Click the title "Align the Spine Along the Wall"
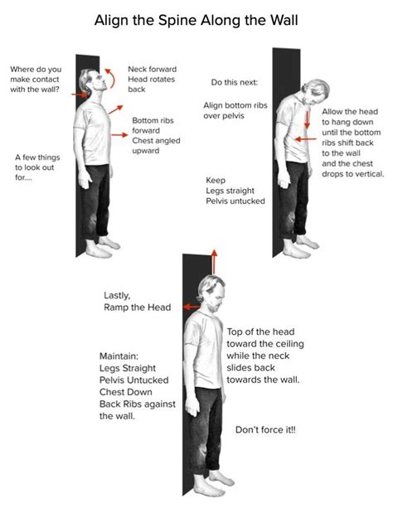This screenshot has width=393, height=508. click(196, 20)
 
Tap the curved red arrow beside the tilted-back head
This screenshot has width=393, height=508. click(113, 77)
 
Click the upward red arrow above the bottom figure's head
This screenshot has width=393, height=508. click(214, 262)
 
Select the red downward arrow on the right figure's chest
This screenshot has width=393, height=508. click(307, 120)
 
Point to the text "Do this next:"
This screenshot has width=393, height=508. click(234, 82)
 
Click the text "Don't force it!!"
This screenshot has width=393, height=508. click(265, 429)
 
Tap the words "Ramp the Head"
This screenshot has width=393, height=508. click(137, 307)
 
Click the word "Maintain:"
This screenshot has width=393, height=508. click(119, 356)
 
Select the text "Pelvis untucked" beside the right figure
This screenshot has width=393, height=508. click(235, 201)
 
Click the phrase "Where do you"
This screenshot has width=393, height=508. click(36, 70)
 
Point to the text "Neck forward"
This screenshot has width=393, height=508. click(152, 69)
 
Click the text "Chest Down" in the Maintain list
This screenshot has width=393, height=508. click(125, 392)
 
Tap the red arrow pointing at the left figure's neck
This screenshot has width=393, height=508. click(80, 94)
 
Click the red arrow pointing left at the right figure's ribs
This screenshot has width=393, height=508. click(306, 139)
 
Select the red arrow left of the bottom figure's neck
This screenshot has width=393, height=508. click(191, 307)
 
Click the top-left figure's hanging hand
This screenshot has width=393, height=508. click(85, 180)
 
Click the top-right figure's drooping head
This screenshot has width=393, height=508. click(315, 91)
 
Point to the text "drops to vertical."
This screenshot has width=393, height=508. click(353, 174)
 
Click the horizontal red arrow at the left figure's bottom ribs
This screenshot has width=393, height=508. click(119, 135)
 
